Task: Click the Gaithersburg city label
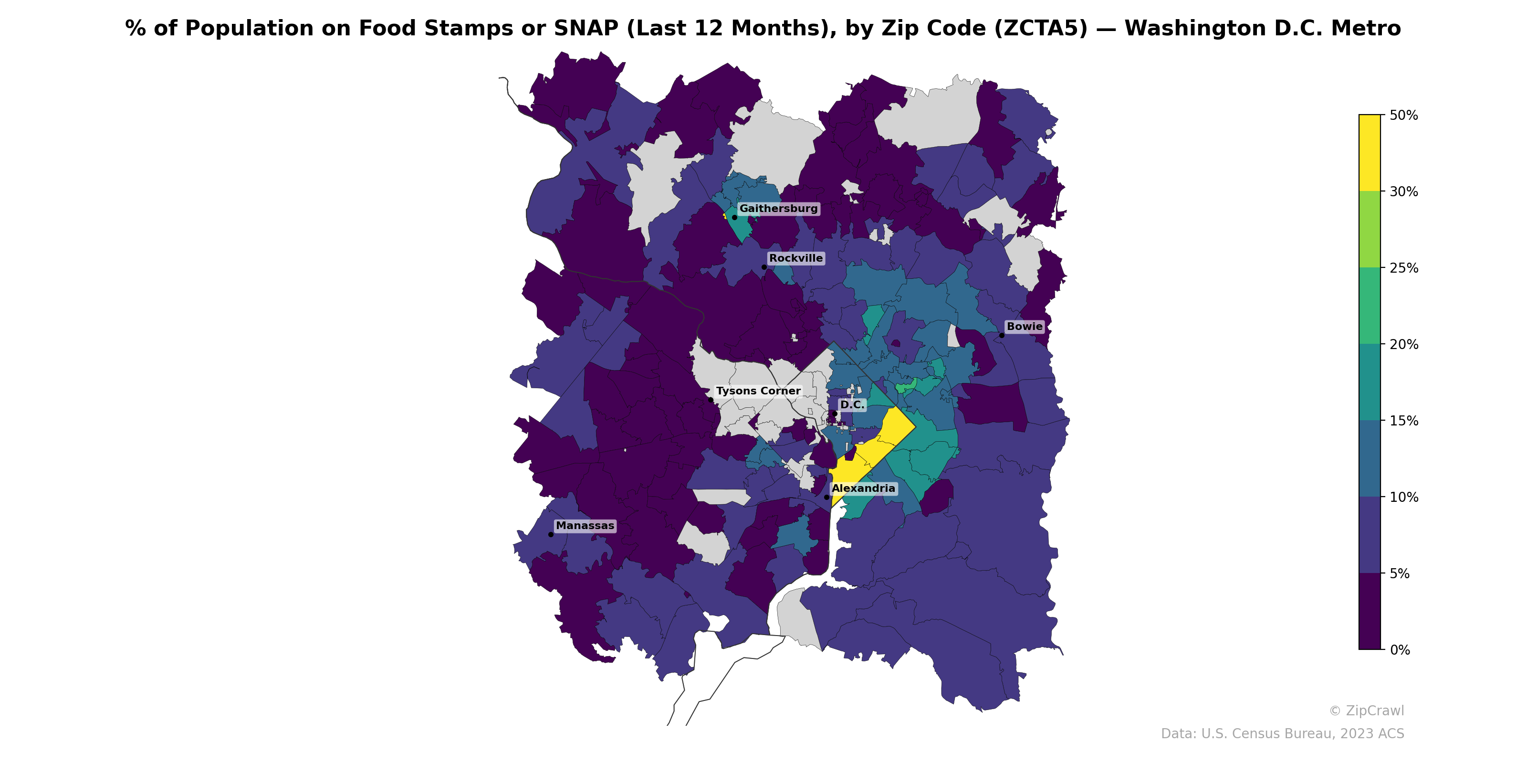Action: click(778, 208)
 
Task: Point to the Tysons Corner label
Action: click(758, 391)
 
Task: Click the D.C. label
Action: click(852, 404)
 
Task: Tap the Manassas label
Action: click(585, 526)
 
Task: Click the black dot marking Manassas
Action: click(551, 534)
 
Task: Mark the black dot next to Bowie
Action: click(1001, 335)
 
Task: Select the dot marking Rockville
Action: click(764, 267)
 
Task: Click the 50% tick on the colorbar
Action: click(1403, 115)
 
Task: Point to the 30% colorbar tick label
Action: click(1403, 191)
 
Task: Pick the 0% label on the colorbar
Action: click(1400, 650)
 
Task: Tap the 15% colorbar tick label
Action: click(1403, 421)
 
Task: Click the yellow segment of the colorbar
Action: click(1370, 152)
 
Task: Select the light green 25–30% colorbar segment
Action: click(1370, 230)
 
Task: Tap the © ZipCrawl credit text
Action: click(1366, 711)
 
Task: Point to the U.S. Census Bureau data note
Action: click(1282, 734)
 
